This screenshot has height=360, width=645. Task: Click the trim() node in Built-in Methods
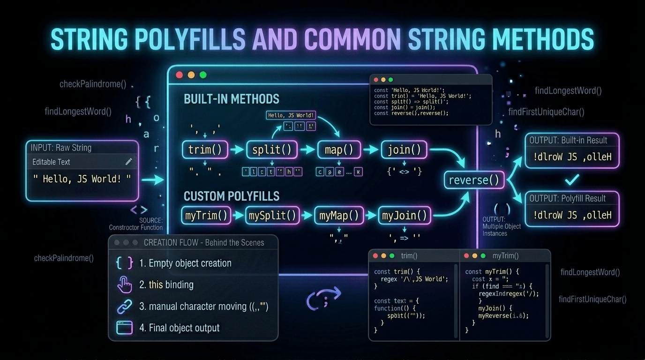[x=205, y=150]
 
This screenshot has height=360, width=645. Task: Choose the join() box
[x=404, y=150]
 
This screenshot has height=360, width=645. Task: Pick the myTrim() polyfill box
[x=206, y=216]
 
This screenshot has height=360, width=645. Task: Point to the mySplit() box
[x=272, y=216]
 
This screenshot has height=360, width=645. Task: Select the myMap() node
[x=338, y=216]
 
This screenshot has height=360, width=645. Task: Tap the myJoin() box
[x=404, y=216]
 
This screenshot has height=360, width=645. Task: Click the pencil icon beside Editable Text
[x=129, y=162]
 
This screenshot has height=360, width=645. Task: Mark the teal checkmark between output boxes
[x=572, y=179]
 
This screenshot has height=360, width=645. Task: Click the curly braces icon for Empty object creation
[x=124, y=263]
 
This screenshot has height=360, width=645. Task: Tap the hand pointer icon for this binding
[x=124, y=285]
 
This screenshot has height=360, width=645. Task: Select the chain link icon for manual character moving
[x=124, y=307]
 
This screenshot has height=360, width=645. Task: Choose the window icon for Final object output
[x=124, y=328]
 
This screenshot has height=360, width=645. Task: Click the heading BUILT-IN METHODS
[x=231, y=99]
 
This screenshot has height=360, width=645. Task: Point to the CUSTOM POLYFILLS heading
[x=231, y=196]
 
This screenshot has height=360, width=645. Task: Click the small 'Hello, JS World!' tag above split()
[x=291, y=115]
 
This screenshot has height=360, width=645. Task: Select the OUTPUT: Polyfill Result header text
[x=568, y=198]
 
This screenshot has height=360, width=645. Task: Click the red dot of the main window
[x=179, y=75]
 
